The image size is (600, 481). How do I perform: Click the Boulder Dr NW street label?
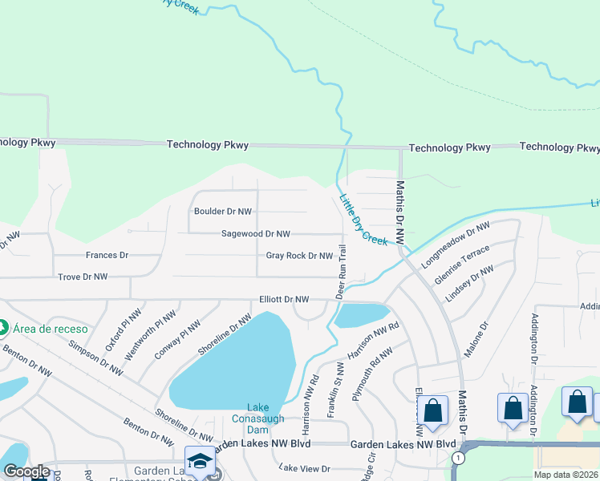coord(223,212)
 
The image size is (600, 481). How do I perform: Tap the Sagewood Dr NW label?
coord(256,234)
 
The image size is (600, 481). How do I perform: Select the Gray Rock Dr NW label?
coord(299,256)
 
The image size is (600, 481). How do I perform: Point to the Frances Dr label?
coord(107,255)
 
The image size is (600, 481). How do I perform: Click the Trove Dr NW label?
coord(83,277)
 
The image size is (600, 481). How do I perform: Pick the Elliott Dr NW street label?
coord(284,299)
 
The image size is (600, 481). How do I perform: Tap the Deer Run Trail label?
coord(341,273)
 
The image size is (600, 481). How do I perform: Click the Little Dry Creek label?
coord(363,220)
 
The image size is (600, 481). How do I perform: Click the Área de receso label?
coord(50,328)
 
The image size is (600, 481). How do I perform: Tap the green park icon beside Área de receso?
coord(2,328)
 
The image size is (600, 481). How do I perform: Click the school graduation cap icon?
coord(200,461)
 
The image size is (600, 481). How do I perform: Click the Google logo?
coord(26,471)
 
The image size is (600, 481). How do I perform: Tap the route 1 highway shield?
coord(456,458)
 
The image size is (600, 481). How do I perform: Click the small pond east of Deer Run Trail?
coord(361,315)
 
